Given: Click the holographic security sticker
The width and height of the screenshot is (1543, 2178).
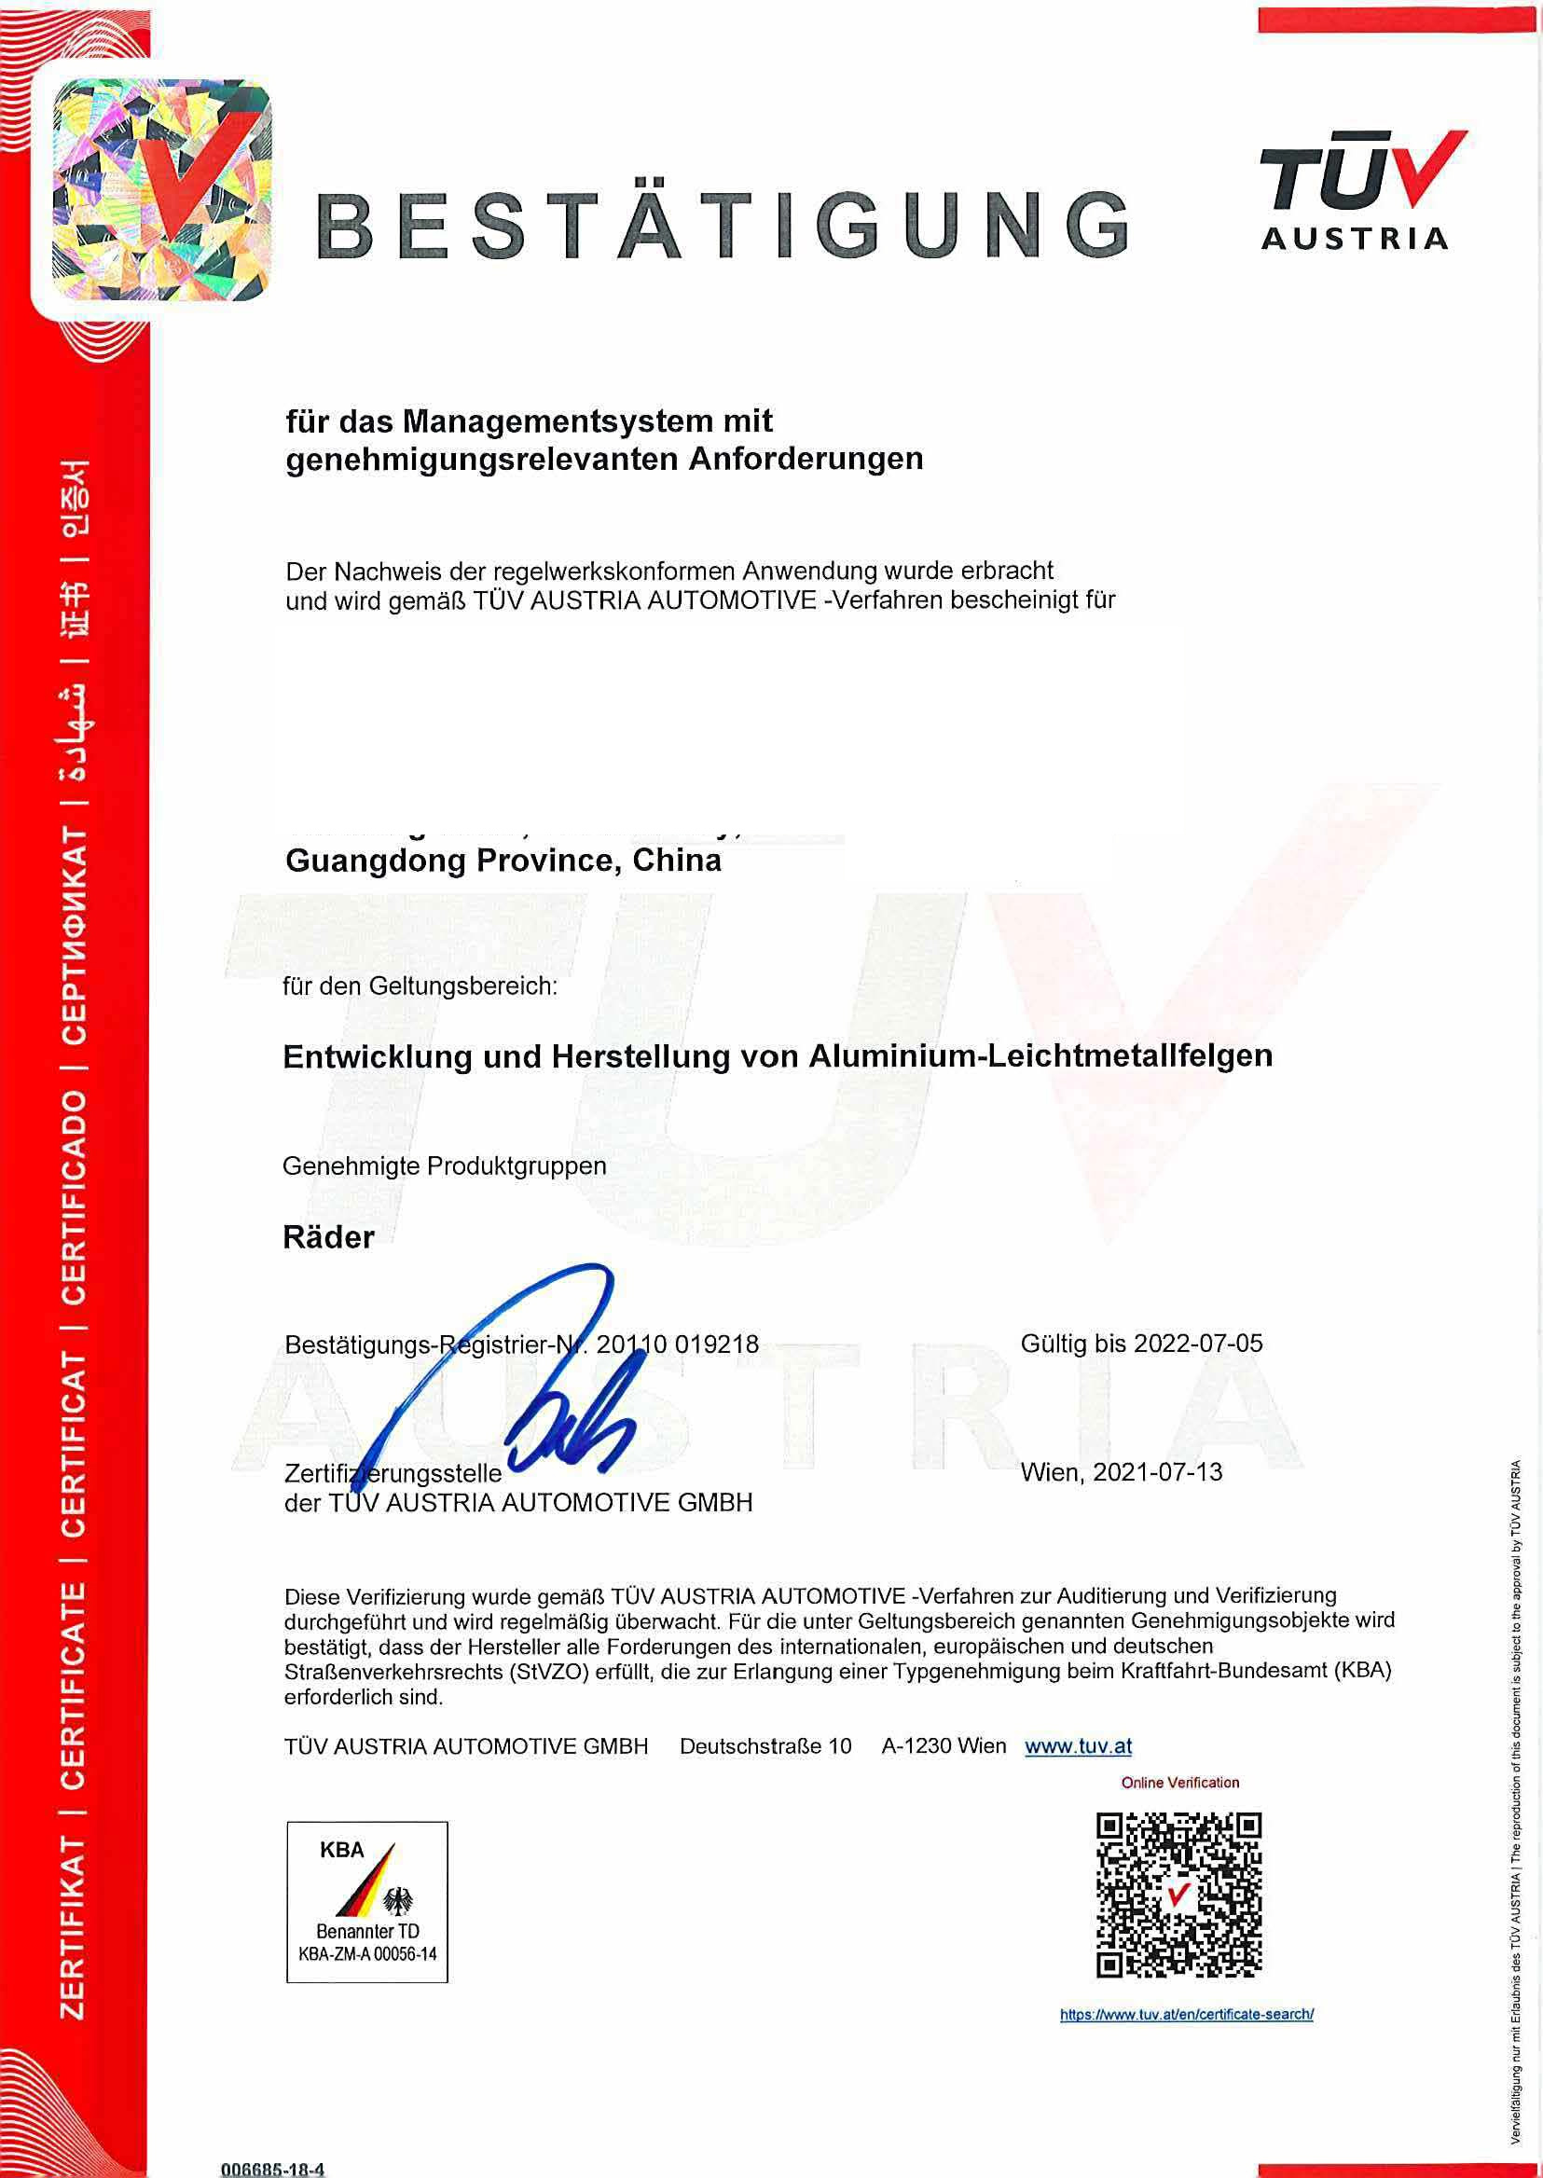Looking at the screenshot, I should tap(161, 190).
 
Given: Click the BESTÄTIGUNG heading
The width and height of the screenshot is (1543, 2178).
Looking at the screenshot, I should tap(723, 225).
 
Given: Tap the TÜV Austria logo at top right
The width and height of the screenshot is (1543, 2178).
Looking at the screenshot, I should tap(1361, 190).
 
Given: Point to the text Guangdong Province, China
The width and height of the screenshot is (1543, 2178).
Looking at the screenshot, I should tap(503, 861).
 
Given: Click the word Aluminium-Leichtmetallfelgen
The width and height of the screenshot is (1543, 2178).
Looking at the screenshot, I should tap(1040, 1055).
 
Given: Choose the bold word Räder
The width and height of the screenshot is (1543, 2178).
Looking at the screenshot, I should tap(329, 1237).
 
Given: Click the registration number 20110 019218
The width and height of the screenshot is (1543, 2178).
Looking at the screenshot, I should tap(678, 1344).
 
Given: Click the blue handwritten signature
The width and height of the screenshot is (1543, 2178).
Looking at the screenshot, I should tap(532, 1378).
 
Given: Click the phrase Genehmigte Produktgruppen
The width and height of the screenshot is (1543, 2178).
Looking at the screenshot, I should tap(445, 1166).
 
